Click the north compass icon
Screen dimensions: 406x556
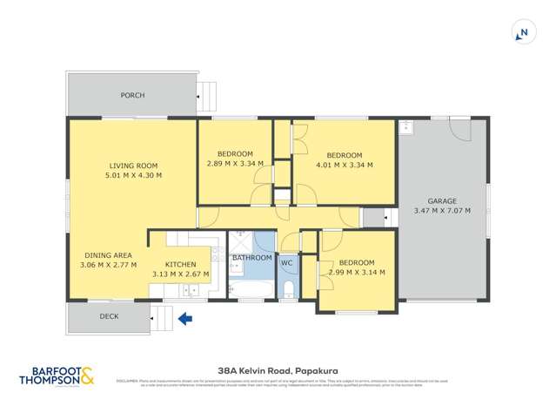point(522,33)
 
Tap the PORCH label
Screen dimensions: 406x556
point(132,95)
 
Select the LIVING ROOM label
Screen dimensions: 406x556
point(132,166)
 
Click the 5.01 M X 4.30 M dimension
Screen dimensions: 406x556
point(132,175)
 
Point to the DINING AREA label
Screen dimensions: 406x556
point(108,255)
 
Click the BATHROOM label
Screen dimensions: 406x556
point(252,259)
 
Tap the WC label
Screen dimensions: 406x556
point(288,261)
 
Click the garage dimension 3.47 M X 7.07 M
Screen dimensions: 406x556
point(441,210)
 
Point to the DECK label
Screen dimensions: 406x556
point(109,316)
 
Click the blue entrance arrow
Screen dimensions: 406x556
point(184,319)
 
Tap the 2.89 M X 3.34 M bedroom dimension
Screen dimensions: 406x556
point(235,164)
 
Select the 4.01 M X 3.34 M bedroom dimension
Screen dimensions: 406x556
point(344,164)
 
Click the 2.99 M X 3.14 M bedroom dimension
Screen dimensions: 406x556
point(357,273)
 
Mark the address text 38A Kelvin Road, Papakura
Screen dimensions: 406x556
point(278,369)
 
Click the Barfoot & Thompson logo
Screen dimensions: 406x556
point(57,376)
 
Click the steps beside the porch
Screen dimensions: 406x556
point(205,90)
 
